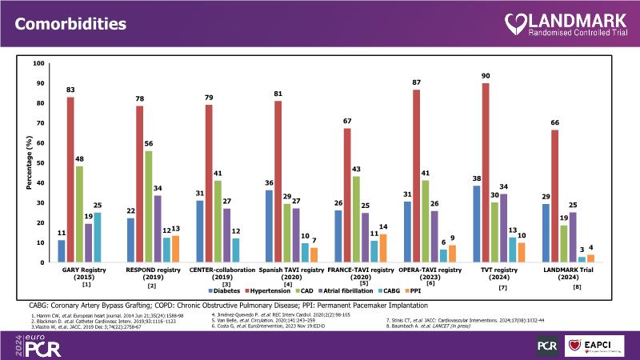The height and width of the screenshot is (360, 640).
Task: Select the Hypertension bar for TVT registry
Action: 485,173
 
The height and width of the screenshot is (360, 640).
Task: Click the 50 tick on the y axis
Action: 39,162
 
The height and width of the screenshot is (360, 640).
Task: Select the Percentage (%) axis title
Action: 25,162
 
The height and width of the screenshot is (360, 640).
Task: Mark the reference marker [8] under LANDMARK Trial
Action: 577,286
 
